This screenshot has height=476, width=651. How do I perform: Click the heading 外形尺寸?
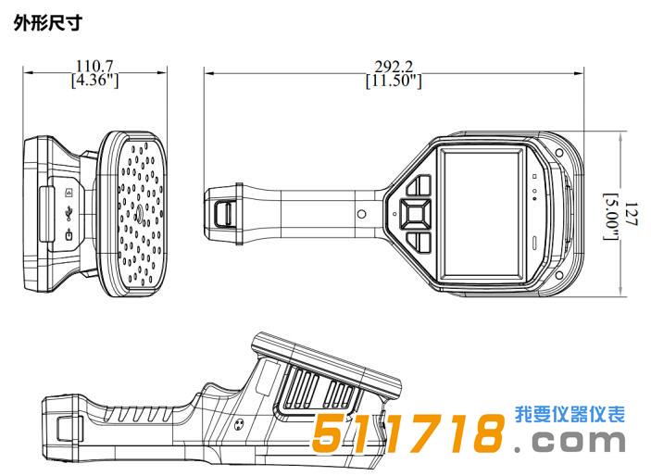pyautogui.click(x=48, y=22)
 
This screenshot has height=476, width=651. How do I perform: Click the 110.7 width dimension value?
pyautogui.click(x=94, y=66)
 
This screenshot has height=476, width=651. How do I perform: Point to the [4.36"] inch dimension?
pyautogui.click(x=94, y=80)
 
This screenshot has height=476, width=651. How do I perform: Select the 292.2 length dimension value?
pyautogui.click(x=394, y=67)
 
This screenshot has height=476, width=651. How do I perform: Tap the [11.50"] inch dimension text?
pyautogui.click(x=394, y=81)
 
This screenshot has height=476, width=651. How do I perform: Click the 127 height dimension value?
pyautogui.click(x=631, y=214)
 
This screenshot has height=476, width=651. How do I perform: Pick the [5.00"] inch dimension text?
pyautogui.click(x=611, y=217)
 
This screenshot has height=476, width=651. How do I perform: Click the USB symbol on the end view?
pyautogui.click(x=69, y=214)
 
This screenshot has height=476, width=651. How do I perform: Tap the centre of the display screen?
pyautogui.click(x=482, y=214)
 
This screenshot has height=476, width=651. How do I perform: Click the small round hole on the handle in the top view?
pyautogui.click(x=362, y=214)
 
